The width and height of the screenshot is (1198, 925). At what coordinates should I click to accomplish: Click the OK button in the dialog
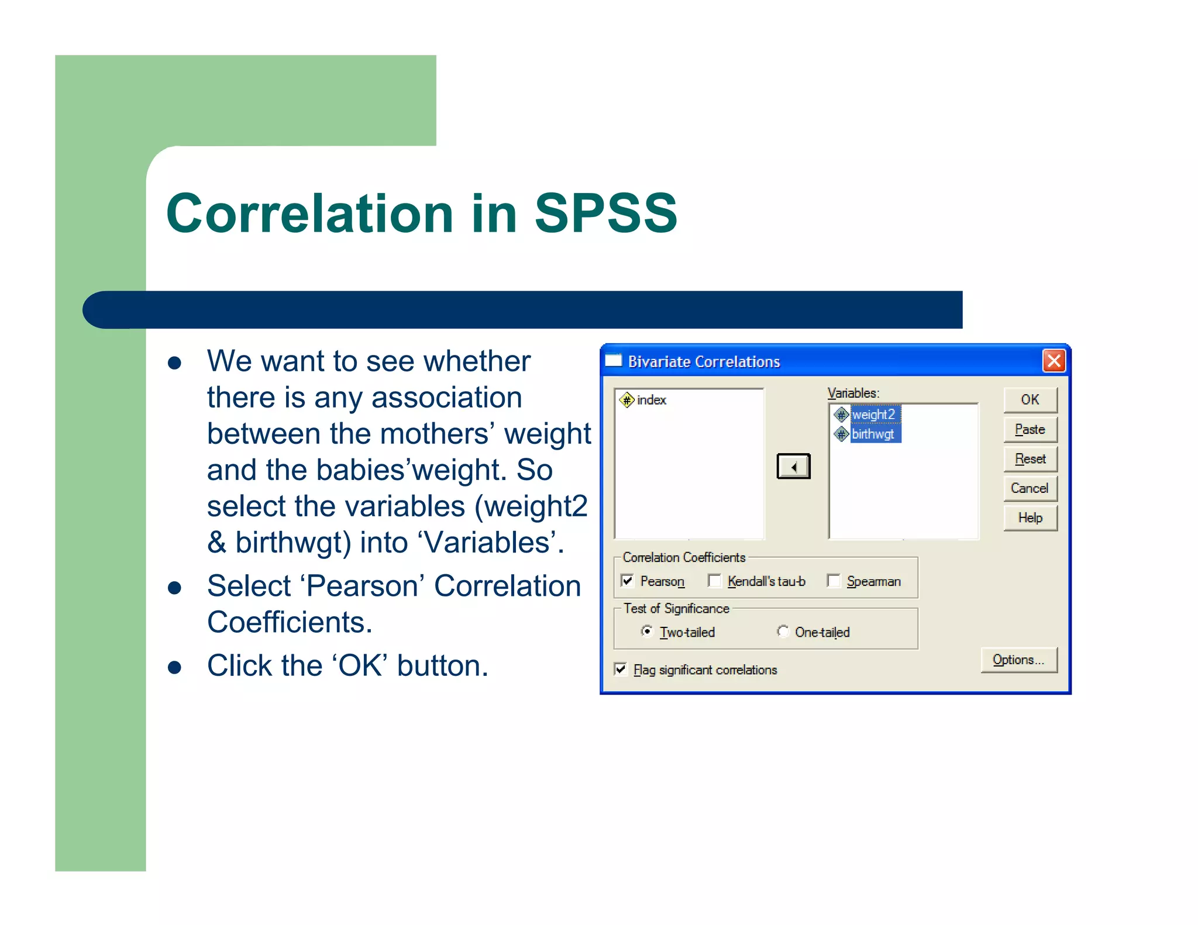(1030, 400)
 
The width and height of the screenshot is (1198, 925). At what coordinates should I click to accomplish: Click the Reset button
(1030, 459)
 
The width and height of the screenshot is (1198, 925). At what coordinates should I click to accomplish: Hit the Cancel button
(1030, 488)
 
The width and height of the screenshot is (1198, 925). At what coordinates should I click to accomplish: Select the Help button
(1030, 518)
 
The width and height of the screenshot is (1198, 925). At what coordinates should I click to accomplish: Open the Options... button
(1018, 660)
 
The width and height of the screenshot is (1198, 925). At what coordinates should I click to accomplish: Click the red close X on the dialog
(1054, 361)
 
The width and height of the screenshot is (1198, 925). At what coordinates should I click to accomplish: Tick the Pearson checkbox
(628, 581)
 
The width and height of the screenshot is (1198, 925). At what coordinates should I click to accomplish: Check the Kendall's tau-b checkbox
(714, 581)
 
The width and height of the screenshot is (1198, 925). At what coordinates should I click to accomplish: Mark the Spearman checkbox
(834, 581)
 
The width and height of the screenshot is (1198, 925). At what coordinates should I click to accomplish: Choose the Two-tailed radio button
(647, 631)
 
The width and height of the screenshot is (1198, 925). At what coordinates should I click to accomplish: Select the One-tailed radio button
(783, 631)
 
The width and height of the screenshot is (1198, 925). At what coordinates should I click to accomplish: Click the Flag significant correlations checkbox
(621, 669)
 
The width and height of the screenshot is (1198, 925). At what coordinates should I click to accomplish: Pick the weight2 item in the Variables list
(873, 415)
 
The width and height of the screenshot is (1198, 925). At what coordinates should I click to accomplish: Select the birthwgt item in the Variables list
(873, 434)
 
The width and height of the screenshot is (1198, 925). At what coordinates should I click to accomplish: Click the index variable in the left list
(651, 400)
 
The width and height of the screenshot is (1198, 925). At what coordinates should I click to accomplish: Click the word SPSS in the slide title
(605, 213)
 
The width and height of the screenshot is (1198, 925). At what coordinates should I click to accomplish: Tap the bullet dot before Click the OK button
(174, 667)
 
